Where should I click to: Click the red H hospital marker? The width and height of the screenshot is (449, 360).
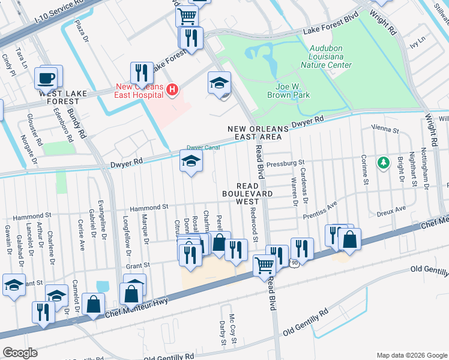click(172, 91)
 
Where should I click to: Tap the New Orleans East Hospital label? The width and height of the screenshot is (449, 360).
click(139, 91)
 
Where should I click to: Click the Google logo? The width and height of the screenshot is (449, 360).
click(20, 352)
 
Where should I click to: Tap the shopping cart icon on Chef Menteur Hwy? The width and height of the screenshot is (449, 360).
click(264, 265)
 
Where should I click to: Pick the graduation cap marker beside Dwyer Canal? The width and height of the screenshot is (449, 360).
click(191, 161)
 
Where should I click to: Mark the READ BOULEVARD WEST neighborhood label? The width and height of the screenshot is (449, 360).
click(248, 194)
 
